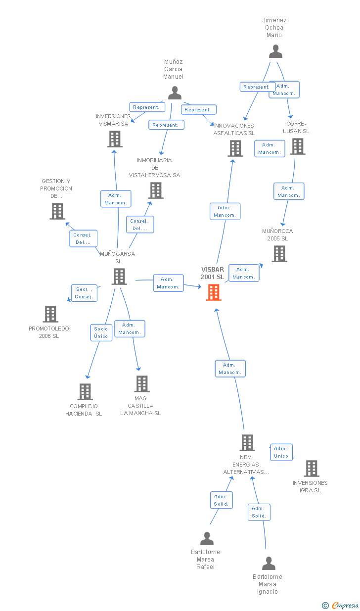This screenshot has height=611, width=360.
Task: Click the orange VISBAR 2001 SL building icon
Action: click(214, 292)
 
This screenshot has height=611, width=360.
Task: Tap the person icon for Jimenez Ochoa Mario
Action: click(275, 51)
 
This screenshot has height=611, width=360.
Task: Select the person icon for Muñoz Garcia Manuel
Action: click(175, 93)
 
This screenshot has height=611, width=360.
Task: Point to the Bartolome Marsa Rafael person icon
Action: click(207, 538)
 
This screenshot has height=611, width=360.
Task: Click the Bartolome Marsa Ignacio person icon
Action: click(269, 564)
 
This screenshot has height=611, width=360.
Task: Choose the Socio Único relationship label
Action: click(101, 332)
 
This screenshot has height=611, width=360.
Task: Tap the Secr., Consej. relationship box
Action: click(84, 293)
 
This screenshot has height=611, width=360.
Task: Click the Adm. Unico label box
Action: click(281, 452)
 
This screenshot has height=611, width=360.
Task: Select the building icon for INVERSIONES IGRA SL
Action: click(312, 469)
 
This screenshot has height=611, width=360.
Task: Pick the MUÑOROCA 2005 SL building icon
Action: click(279, 254)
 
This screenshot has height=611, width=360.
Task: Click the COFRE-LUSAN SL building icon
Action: click(298, 146)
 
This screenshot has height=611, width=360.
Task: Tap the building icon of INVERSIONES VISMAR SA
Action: click(115, 139)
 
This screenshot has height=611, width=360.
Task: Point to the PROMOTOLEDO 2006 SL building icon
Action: click(51, 314)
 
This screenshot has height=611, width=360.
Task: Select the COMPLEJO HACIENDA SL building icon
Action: click(85, 392)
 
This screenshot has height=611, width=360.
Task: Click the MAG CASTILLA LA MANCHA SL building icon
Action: click(142, 384)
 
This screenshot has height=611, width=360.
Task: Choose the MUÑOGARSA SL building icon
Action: click(119, 277)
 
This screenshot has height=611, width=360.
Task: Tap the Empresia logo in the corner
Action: click(340, 605)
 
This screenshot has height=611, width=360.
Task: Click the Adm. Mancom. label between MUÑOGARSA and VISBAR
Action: click(168, 283)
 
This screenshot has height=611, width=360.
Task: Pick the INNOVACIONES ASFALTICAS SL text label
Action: click(234, 129)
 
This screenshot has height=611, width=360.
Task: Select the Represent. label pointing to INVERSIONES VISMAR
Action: click(147, 107)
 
